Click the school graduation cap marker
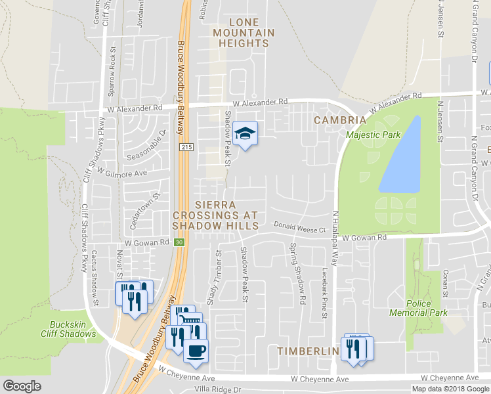[245, 133]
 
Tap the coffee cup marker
[195, 350]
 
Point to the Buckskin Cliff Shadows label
[73, 330]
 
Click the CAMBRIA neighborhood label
[339, 120]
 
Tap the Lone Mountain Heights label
[244, 32]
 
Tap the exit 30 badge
[179, 242]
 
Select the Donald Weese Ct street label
[300, 229]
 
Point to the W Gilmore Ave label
[122, 171]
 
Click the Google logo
[22, 386]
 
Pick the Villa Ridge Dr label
[213, 389]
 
